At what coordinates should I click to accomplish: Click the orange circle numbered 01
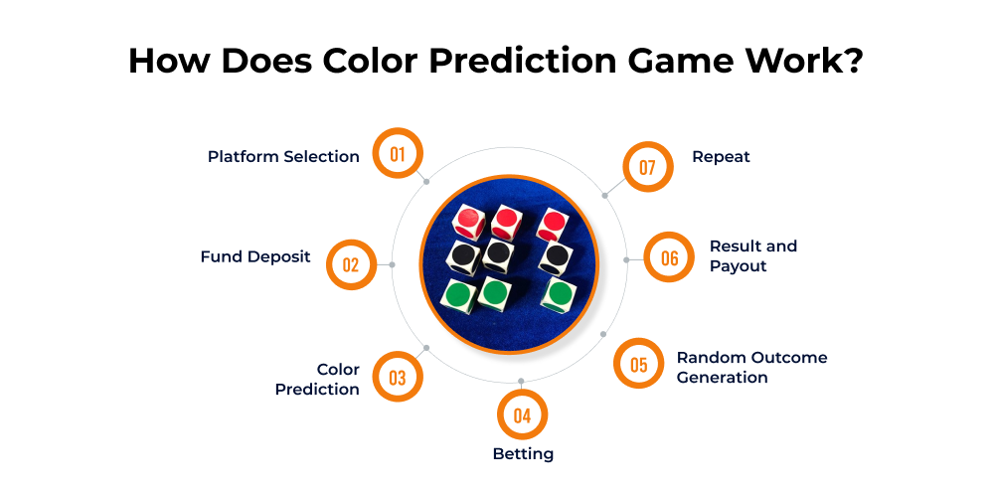coord(398,154)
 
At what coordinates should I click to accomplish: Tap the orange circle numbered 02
coord(351,264)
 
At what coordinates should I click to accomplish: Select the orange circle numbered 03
coord(398,377)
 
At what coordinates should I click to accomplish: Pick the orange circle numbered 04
coord(522,416)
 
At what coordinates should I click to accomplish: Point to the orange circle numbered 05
coord(639,365)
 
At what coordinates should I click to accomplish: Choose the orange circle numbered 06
coord(669,258)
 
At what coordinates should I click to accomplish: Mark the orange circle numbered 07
coord(647,167)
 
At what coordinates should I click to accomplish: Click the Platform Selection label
coord(283,156)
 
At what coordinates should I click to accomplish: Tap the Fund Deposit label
coord(255,256)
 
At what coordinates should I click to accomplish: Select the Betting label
coord(523,454)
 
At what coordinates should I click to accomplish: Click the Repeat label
coord(721,156)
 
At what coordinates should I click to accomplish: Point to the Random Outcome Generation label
coord(751,367)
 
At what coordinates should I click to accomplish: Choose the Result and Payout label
coord(752,255)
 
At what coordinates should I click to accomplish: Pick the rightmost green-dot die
coord(558,294)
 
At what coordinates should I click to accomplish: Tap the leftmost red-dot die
coord(467,220)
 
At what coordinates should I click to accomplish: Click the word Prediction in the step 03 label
coord(317,389)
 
